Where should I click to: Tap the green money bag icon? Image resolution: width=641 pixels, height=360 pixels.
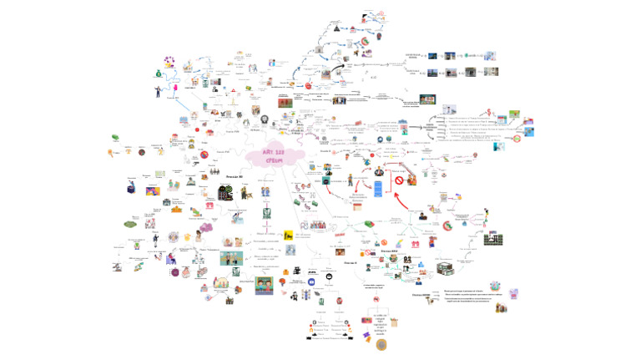tap(158, 74)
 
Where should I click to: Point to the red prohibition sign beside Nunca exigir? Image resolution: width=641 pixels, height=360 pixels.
tap(399, 180)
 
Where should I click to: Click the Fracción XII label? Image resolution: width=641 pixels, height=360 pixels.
tap(234, 177)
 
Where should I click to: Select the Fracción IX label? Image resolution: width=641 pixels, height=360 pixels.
tap(351, 262)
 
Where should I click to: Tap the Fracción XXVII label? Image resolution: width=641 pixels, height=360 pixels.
tap(389, 251)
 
